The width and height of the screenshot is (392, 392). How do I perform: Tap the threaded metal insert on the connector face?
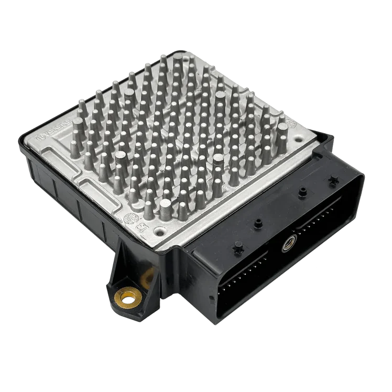(287, 243)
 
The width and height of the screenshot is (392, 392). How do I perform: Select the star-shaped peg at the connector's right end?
(331, 180)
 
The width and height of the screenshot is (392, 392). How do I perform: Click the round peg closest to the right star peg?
(302, 192)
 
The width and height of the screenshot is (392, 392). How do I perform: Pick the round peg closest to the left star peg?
(257, 223)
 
